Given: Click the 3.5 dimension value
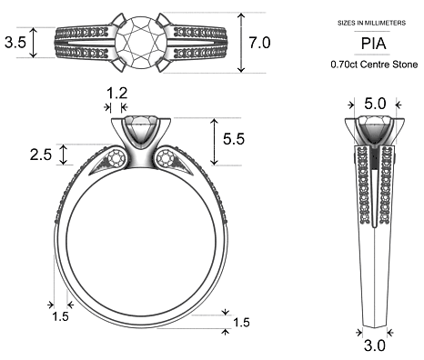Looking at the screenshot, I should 15,42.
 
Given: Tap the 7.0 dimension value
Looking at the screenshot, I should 259,43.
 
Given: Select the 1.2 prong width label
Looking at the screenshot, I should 116,93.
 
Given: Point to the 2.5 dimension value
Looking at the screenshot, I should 40,155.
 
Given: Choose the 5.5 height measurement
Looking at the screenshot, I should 233,139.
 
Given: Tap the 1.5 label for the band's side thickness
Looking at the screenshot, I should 60,316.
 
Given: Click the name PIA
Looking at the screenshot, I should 372,43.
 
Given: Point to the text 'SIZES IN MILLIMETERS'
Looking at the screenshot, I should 372,20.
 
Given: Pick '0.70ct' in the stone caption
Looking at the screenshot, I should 347,65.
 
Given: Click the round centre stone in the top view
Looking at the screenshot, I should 141,39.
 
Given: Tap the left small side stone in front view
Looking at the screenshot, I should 116,161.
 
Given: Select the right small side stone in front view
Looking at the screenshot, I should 166,161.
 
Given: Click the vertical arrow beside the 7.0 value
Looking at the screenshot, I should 241,43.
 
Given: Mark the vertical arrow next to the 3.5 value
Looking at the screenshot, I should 34,42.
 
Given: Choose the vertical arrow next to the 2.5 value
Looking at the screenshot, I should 64,155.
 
